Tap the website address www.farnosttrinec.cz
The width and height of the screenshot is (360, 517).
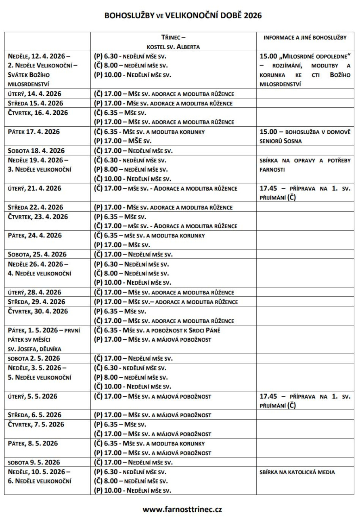182,509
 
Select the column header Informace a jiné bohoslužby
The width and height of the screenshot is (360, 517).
305,37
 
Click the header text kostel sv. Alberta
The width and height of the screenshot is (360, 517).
174,46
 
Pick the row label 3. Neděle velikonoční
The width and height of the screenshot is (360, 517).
40,169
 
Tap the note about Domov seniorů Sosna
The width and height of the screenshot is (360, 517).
305,137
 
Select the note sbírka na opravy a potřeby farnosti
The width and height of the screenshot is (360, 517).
305,165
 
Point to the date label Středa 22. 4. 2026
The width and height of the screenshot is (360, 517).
36,207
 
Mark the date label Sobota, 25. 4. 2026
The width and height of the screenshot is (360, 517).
37,254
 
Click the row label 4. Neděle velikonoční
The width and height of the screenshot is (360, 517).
40,273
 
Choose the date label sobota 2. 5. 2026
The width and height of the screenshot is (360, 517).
34,359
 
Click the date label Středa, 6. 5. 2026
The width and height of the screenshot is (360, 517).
36,415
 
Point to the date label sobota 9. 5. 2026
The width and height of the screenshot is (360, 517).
34,462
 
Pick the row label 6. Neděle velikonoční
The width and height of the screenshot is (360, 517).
40,481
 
